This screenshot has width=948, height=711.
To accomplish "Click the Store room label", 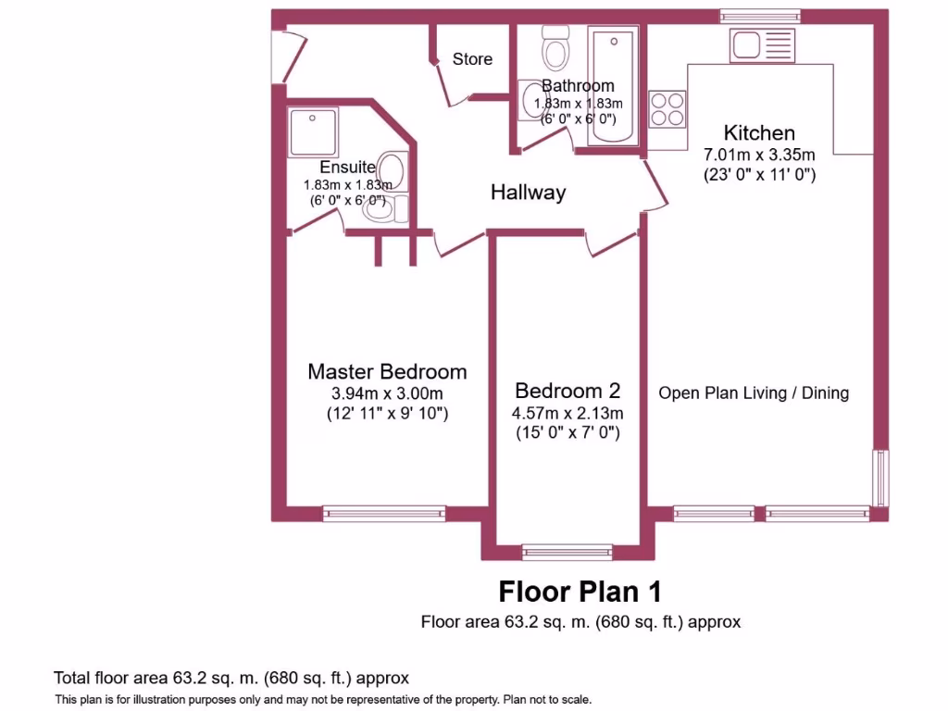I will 472,59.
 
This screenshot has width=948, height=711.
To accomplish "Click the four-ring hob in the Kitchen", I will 667,109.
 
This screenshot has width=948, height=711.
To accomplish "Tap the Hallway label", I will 528,193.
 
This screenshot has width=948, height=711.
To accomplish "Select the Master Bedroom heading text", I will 387,372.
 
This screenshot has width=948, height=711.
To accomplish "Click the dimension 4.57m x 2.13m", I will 568,413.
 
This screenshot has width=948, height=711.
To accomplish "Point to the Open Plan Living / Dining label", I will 754,393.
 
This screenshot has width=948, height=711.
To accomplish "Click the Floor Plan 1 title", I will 580,591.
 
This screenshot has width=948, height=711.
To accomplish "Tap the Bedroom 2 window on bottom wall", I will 567,552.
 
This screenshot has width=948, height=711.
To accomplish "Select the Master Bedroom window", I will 384,513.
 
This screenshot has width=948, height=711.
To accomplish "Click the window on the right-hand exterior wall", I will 881,478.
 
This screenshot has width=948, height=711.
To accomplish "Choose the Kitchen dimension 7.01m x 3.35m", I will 759,154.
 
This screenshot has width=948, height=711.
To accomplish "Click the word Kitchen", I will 759,132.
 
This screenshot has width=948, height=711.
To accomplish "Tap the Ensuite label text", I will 347,168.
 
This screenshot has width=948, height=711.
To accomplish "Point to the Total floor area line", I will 231,678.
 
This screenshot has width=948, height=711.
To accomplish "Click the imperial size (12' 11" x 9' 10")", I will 387,414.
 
